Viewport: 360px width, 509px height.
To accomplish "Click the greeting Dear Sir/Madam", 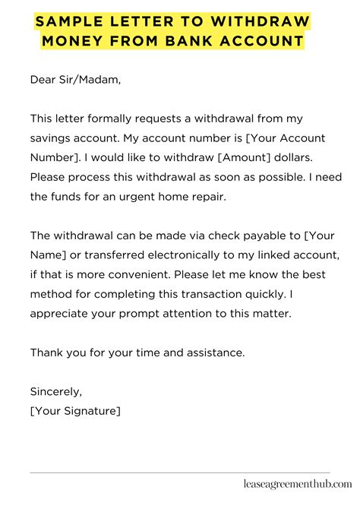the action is tap(75, 78).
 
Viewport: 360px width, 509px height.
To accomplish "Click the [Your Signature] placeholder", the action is tap(76, 411).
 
